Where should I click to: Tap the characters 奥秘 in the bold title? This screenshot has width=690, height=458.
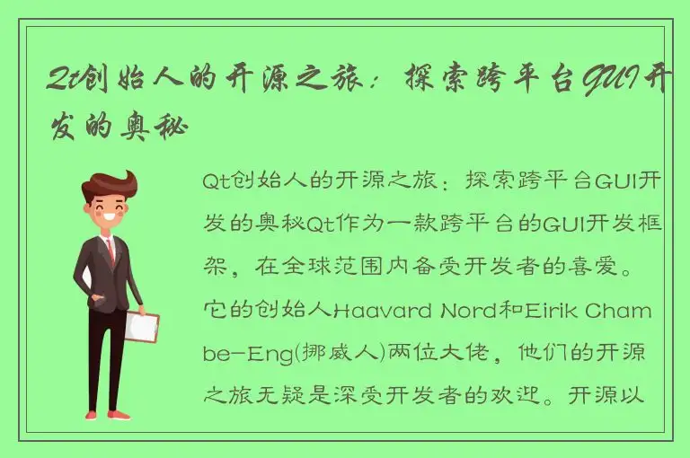(x=160, y=126)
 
